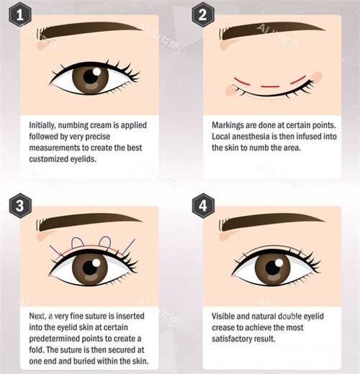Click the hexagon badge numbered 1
pyautogui.click(x=20, y=15)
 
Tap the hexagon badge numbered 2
pyautogui.click(x=203, y=15)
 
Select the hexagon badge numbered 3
pyautogui.click(x=20, y=206)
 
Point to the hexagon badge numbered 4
pyautogui.click(x=203, y=206)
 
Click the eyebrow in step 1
pyautogui.click(x=89, y=30)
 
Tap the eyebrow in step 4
pyautogui.click(x=272, y=222)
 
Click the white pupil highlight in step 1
pyautogui.click(x=96, y=71)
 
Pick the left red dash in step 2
pyautogui.click(x=242, y=81)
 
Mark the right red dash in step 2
pyautogui.click(x=299, y=80)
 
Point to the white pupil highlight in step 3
pyautogui.click(x=96, y=263)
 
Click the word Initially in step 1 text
pyautogui.click(x=42, y=125)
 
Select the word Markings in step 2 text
pyautogui.click(x=227, y=125)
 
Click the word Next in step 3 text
pyautogui.click(x=37, y=316)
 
